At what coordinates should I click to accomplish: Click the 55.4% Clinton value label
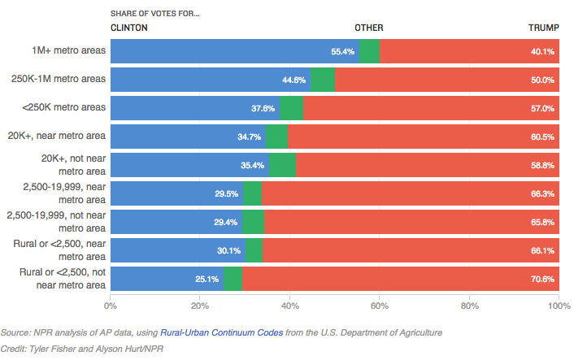pos(342,52)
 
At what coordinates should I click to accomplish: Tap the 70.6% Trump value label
pos(542,279)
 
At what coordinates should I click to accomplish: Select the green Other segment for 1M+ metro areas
pos(369,51)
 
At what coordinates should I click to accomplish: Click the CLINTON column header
pos(129,28)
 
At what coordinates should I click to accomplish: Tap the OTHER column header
pos(368,28)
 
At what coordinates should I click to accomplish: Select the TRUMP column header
pos(543,28)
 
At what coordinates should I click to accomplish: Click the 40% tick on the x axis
pos(289,306)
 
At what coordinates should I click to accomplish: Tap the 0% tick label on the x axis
pos(110,306)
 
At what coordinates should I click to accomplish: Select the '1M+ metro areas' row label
pos(70,51)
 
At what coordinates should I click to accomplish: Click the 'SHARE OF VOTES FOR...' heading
pos(154,14)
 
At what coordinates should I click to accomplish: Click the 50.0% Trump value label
pos(542,80)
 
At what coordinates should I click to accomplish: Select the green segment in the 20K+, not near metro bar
pos(282,165)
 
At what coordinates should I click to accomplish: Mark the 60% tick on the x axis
pos(380,306)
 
